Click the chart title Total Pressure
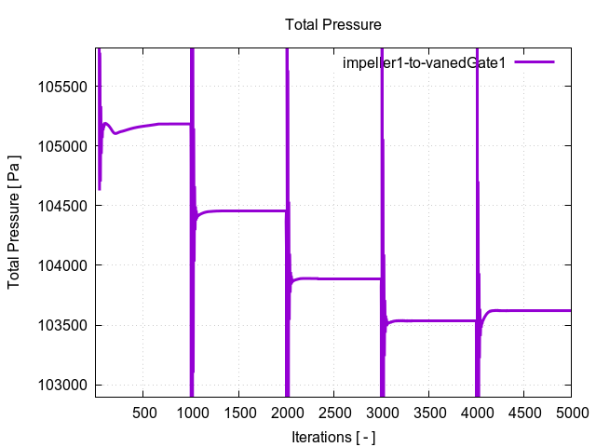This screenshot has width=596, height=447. [333, 24]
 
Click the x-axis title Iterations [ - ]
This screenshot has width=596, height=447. [333, 436]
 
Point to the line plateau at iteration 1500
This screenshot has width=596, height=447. [238, 211]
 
